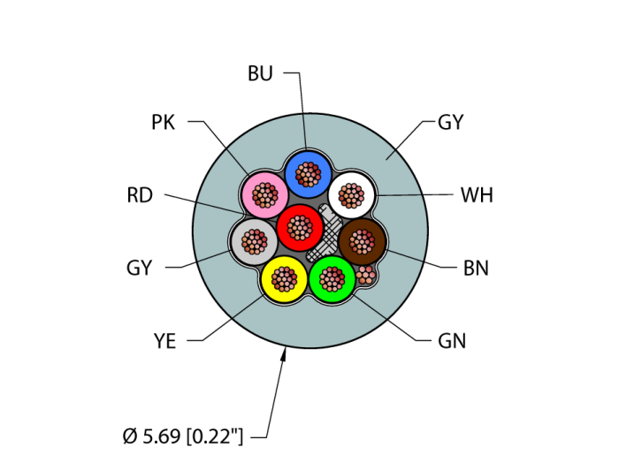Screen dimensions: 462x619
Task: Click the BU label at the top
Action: click(260, 74)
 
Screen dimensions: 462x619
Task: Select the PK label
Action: click(163, 123)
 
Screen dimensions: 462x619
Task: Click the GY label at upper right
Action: click(451, 123)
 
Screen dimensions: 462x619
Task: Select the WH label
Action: click(477, 195)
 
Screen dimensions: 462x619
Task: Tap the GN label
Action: click(452, 341)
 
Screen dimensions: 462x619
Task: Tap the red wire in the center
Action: click(299, 227)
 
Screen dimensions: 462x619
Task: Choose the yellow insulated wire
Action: click(283, 279)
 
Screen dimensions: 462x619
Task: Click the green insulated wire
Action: click(332, 279)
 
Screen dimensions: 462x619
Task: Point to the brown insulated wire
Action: click(363, 239)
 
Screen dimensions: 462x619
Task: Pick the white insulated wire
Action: click(352, 194)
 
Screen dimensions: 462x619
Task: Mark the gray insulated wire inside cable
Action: click(253, 240)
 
